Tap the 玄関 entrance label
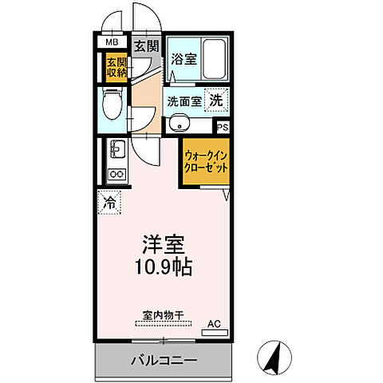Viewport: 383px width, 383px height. (144, 45)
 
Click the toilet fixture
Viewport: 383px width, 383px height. (112, 104)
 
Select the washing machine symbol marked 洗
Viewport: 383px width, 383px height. (215, 101)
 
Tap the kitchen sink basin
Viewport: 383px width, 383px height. (116, 151)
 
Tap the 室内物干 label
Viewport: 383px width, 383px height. (163, 316)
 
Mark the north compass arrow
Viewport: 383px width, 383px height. (273, 357)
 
